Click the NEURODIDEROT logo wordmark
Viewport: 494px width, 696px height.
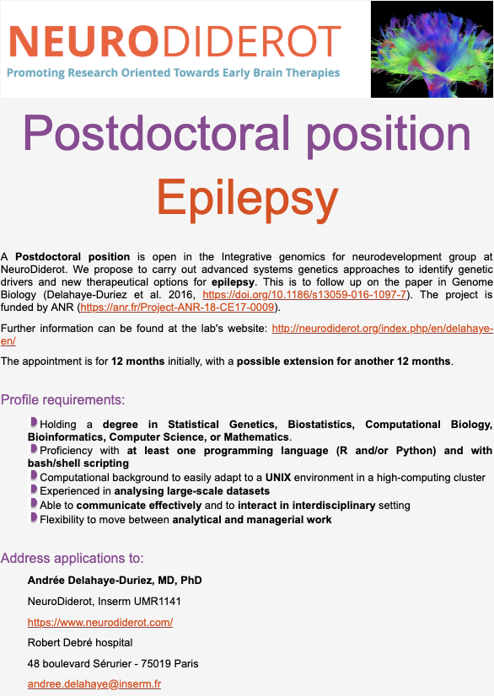coord(175,41)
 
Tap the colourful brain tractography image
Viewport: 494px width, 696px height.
coord(432,49)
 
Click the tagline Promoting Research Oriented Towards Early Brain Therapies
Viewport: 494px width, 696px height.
coord(174,72)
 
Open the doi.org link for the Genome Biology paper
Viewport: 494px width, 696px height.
coord(304,295)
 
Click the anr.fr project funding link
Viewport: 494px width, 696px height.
coord(177,308)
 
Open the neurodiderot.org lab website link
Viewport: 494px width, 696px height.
coord(383,329)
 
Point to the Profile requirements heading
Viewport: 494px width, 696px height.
coord(62,399)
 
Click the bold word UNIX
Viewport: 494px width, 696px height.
coord(278,478)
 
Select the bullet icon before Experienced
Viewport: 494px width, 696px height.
coord(34,490)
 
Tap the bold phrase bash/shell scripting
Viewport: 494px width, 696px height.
coord(78,463)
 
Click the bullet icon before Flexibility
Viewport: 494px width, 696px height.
coord(34,517)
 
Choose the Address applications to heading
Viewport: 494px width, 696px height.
coord(72,558)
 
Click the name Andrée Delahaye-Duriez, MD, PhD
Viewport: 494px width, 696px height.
coord(115,581)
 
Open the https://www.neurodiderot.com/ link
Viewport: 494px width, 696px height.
coord(100,623)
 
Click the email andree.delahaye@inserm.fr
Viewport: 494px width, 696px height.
coord(94,684)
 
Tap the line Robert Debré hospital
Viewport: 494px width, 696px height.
coord(80,643)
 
